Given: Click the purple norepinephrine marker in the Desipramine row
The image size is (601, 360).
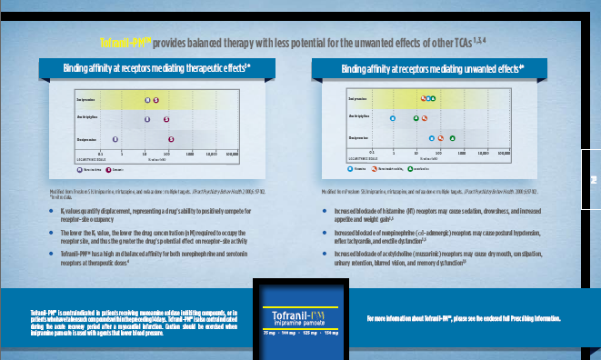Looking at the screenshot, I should pyautogui.click(x=140, y=139).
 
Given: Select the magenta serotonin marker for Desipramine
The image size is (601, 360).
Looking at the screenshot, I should pyautogui.click(x=172, y=139).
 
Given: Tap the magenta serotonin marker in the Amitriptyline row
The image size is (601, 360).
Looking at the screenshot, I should pyautogui.click(x=166, y=119).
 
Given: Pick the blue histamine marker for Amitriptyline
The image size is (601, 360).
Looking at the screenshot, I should pyautogui.click(x=393, y=118).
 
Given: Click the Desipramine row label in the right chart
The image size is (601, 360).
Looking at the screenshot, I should pyautogui.click(x=358, y=138).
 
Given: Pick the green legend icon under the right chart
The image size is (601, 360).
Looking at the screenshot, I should pyautogui.click(x=410, y=169).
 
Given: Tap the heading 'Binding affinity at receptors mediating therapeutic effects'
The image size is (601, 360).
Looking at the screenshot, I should pyautogui.click(x=155, y=68).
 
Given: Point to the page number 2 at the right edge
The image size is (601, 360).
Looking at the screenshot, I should pyautogui.click(x=592, y=180).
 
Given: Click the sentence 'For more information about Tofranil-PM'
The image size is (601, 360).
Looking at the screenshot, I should pyautogui.click(x=463, y=319).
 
